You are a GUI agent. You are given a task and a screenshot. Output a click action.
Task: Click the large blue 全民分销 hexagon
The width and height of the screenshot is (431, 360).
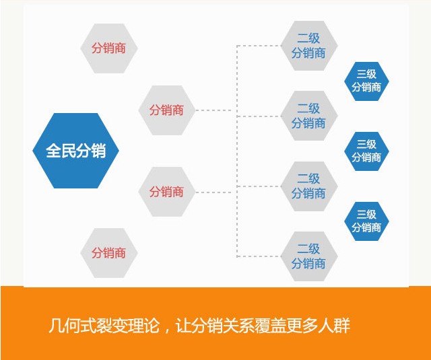75,151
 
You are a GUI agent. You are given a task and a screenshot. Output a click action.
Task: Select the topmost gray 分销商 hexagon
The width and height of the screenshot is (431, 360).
108,48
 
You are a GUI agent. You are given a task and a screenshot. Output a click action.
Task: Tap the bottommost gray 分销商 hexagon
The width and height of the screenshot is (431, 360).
108,253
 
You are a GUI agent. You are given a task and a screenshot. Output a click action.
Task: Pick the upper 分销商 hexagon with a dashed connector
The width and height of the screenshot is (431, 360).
166,110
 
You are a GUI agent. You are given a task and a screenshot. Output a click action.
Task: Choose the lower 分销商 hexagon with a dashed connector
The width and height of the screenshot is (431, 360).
166,192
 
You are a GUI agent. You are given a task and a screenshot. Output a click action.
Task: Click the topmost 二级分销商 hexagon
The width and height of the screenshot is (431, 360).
308,46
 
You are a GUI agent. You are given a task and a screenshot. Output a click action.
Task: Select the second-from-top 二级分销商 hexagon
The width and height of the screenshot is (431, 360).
308,116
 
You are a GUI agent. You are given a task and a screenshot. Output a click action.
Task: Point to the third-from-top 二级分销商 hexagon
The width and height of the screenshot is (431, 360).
308,186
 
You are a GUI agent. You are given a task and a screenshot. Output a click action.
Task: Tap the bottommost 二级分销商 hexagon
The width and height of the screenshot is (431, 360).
308,256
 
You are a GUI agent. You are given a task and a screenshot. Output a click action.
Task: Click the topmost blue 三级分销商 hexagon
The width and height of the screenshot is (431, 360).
366,81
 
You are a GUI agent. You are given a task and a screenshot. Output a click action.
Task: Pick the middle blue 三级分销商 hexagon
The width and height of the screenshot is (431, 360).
366,151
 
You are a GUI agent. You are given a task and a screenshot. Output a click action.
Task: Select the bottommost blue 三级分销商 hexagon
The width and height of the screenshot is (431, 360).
366,221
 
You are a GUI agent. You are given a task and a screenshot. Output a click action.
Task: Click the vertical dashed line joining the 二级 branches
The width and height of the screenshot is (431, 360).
237,151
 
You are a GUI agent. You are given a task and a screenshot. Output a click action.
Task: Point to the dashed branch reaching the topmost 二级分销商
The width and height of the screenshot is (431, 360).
259,46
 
